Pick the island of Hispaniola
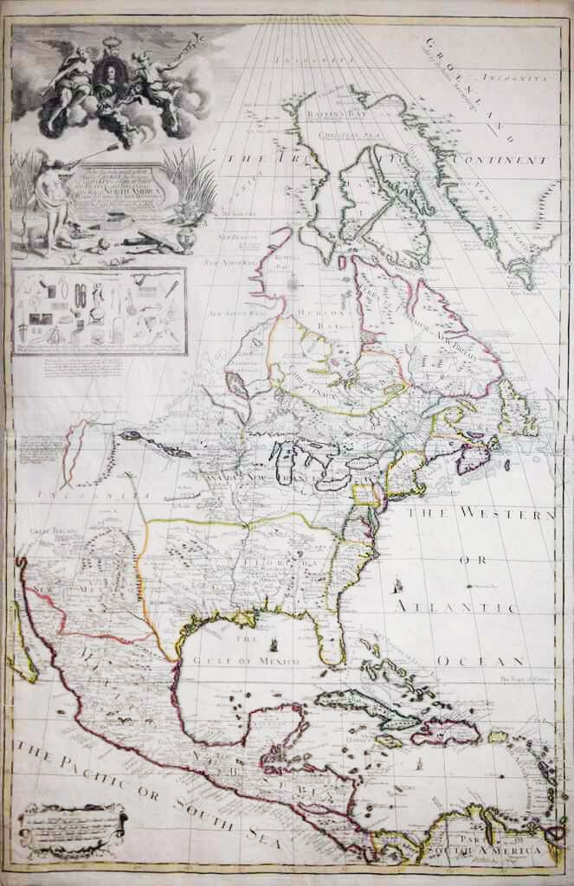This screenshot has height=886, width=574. click(x=445, y=732)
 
